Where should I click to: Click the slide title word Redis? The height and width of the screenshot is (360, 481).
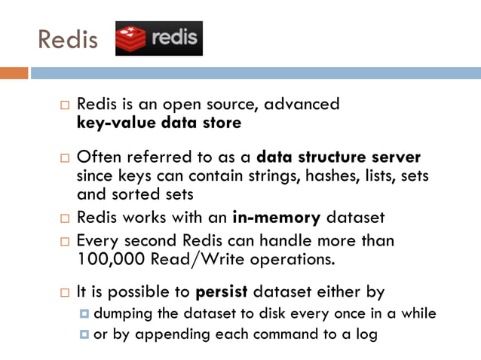point(68,38)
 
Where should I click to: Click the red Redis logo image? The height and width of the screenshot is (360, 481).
point(159,38)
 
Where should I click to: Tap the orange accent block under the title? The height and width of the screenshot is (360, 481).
point(14,73)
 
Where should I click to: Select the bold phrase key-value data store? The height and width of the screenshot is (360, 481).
point(159,123)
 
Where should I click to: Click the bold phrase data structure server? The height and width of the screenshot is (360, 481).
point(339,158)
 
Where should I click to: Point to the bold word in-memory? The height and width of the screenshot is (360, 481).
point(280,218)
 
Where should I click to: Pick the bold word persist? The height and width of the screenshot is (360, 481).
point(222,291)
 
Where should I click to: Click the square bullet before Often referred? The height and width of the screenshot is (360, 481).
point(65,159)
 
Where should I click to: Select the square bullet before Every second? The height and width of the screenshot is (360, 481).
point(65,242)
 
